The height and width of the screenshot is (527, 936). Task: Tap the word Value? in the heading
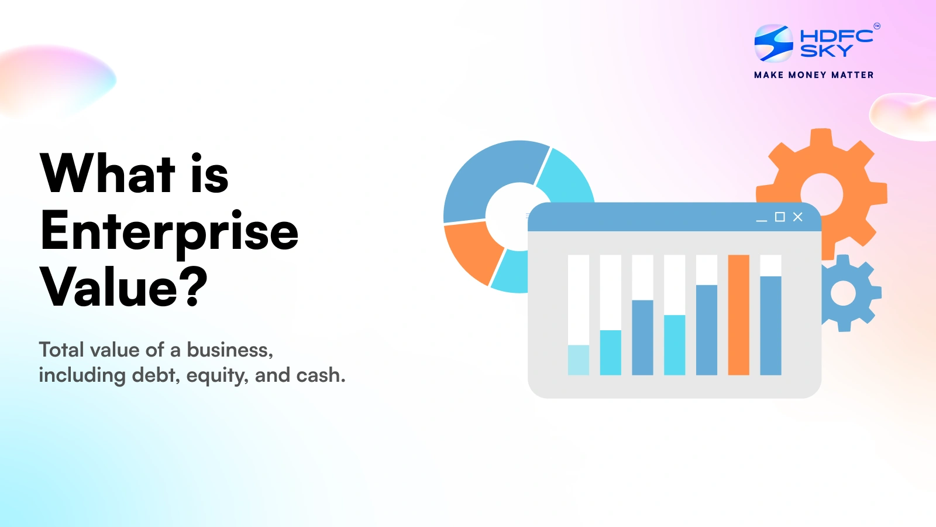(x=123, y=287)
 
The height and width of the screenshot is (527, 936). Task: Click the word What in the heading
(x=108, y=173)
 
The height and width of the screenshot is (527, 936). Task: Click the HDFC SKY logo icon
(x=773, y=43)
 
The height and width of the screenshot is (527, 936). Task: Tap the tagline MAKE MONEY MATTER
(x=814, y=75)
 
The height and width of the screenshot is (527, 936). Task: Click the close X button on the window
(x=797, y=217)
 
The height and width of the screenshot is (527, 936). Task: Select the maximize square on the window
(x=780, y=217)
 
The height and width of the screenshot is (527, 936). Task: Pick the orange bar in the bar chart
(x=738, y=315)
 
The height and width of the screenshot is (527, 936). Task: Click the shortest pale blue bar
(x=579, y=360)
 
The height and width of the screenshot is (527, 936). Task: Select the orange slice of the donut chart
(x=472, y=250)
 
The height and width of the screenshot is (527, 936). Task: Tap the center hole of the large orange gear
(x=821, y=194)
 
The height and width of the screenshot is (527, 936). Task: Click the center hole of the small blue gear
(x=843, y=293)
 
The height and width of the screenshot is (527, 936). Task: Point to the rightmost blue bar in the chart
(x=770, y=325)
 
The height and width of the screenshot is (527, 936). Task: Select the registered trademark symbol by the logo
(x=877, y=26)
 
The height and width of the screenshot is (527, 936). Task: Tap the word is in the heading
(x=209, y=173)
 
